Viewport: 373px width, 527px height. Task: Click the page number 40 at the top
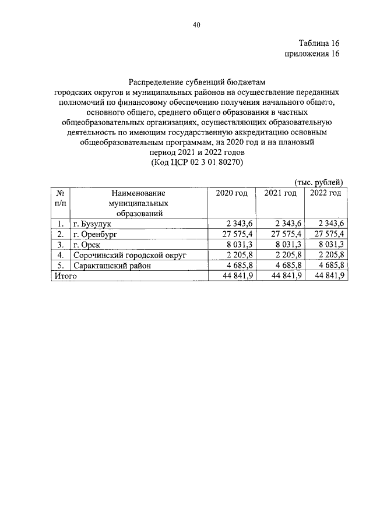point(196,25)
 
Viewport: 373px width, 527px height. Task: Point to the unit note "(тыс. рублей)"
point(319,182)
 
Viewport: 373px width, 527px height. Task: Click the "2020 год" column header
point(232,193)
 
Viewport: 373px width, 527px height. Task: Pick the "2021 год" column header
point(280,193)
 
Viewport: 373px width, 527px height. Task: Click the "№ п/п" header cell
point(60,198)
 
